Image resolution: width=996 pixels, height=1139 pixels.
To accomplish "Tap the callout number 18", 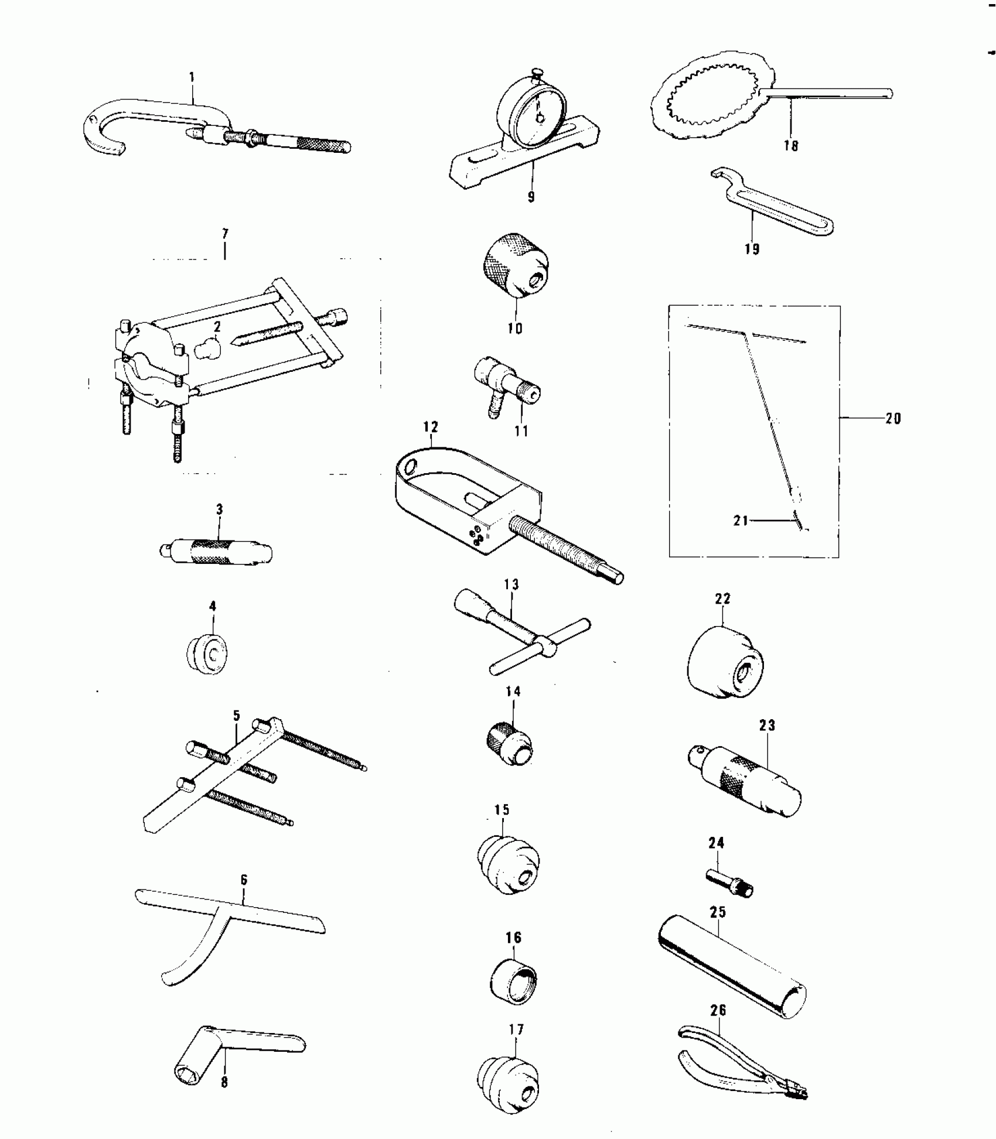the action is (x=791, y=145).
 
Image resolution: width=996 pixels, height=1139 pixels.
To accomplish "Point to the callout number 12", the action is (x=431, y=427).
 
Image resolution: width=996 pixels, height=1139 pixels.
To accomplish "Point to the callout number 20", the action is (x=892, y=418).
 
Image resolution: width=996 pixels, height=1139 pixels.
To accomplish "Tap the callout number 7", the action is (x=225, y=234).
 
